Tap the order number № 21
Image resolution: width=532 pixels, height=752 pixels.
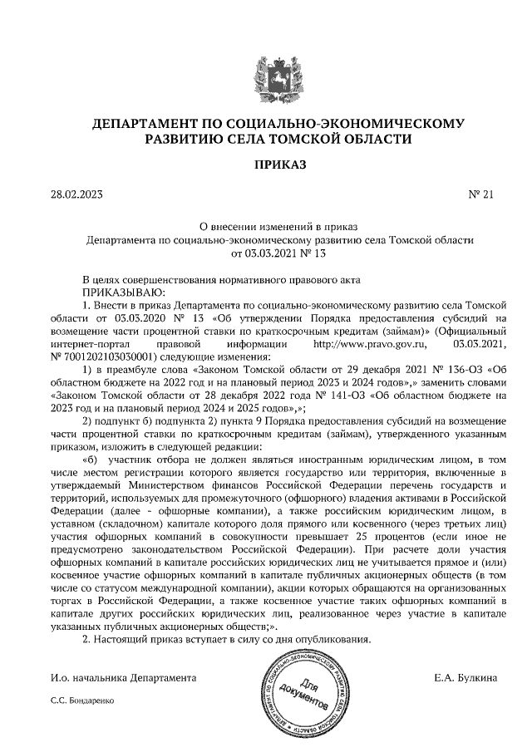click(481, 195)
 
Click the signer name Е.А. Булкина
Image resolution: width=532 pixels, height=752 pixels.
click(465, 678)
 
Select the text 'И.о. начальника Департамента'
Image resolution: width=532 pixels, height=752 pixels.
click(123, 678)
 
